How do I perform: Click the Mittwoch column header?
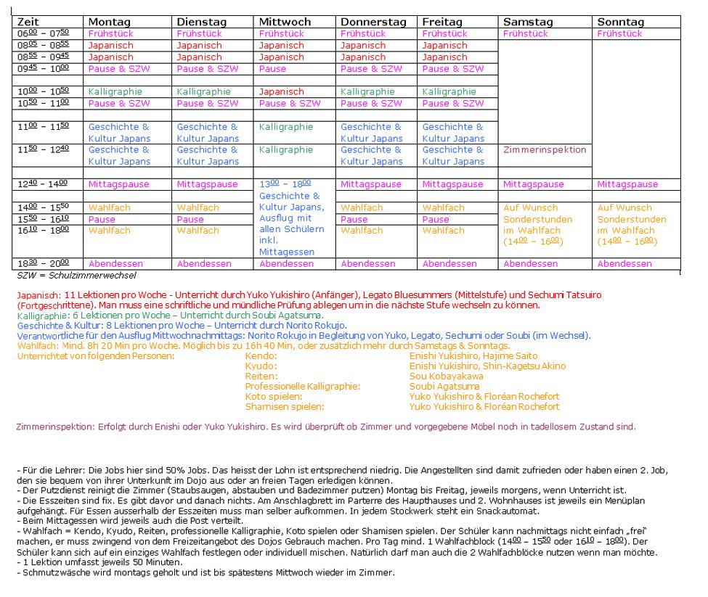point(285,22)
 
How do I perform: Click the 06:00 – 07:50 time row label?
point(43,34)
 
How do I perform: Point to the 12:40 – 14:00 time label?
point(43,184)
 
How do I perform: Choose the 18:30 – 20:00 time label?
point(43,264)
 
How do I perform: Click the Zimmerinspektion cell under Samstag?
point(545,150)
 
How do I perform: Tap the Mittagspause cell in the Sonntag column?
point(627,184)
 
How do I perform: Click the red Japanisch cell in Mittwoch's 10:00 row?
point(282,92)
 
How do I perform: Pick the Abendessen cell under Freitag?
point(452,264)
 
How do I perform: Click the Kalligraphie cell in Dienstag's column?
point(204,92)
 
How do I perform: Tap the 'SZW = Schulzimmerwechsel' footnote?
point(76,276)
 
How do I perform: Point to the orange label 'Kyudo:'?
point(261,366)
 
